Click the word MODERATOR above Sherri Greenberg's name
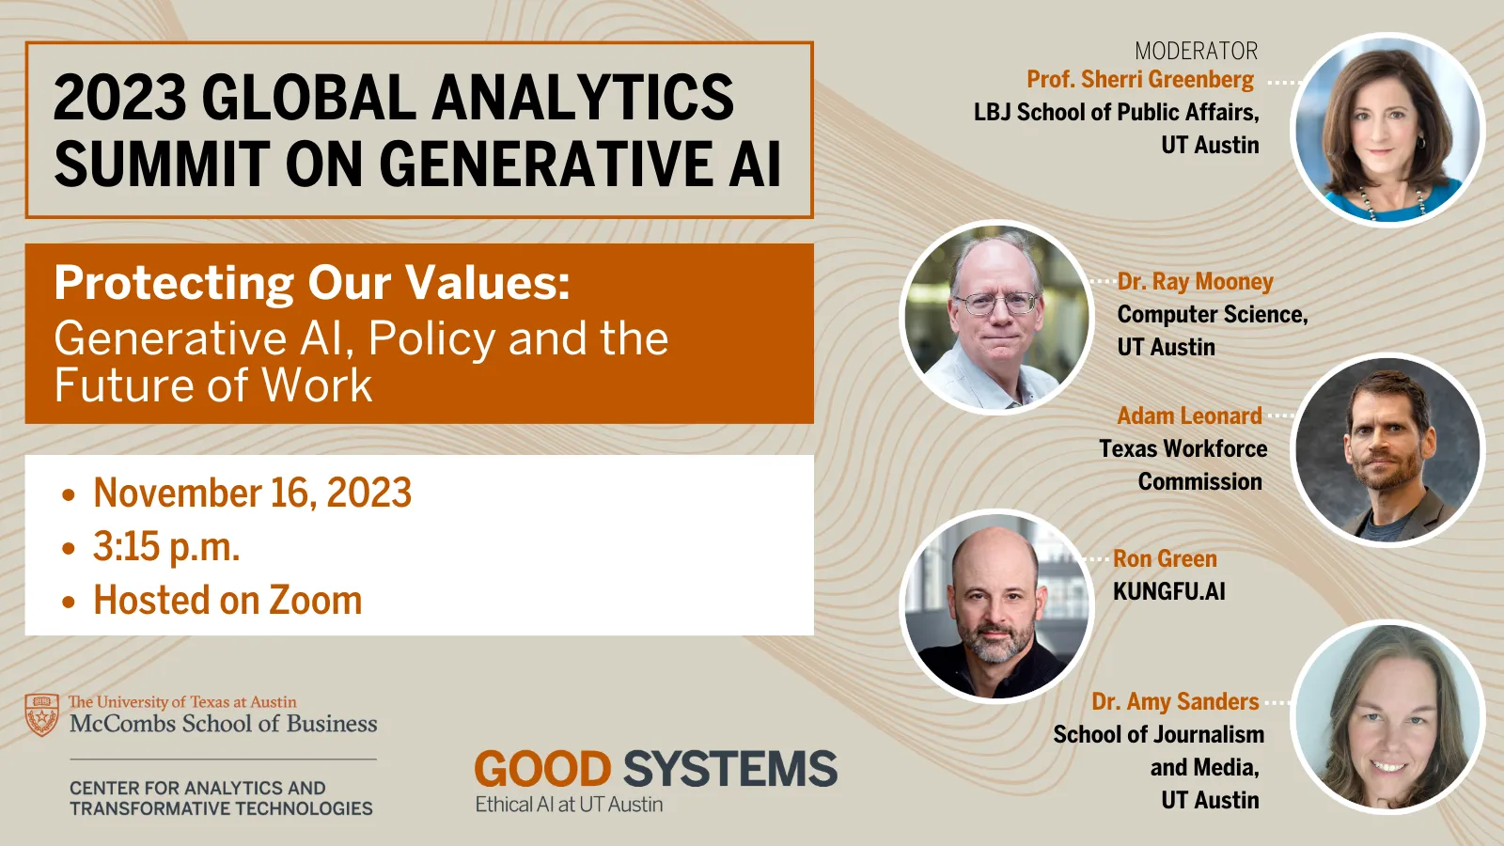click(1197, 51)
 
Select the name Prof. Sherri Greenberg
click(1140, 80)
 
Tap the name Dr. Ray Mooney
click(1195, 281)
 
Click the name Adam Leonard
click(1189, 415)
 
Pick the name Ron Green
click(1165, 558)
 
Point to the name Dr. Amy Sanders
click(1175, 701)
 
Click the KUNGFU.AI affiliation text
click(1169, 591)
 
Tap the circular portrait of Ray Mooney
click(997, 318)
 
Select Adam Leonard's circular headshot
click(1387, 450)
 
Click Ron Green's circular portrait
click(997, 605)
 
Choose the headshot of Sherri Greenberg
click(1387, 131)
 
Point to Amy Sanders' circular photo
click(1387, 717)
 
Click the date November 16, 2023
click(253, 493)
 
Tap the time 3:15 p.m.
click(166, 546)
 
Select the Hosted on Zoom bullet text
click(227, 601)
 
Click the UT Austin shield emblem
click(41, 715)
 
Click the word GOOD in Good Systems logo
click(542, 770)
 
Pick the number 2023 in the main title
click(119, 98)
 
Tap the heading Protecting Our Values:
click(312, 283)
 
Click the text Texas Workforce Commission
click(1183, 465)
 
